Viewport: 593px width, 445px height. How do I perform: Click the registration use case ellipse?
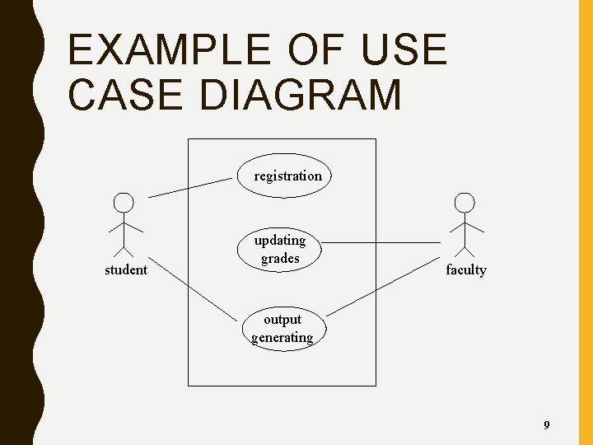tap(288, 176)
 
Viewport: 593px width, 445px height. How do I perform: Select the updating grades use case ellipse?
tap(281, 249)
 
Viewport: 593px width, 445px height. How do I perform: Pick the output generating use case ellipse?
tap(282, 328)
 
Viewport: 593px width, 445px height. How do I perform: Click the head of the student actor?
tap(124, 203)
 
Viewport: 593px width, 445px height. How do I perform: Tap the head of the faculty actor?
tap(465, 203)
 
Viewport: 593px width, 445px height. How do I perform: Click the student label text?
tap(126, 269)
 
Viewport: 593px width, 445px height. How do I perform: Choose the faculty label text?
tap(466, 269)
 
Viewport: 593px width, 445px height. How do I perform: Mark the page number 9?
tap(546, 425)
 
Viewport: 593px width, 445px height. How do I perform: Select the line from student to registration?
tap(189, 187)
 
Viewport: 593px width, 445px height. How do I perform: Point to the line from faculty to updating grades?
tap(381, 243)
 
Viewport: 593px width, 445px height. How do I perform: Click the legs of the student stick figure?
tap(124, 248)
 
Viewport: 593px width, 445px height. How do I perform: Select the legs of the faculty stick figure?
tap(465, 248)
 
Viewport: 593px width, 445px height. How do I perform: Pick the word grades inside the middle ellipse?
tap(281, 259)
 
